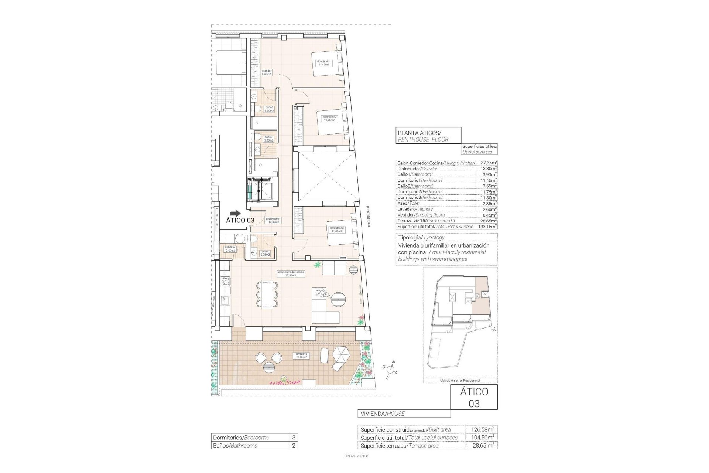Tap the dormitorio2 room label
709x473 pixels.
[x=329, y=118]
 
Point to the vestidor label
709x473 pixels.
[x=266, y=72]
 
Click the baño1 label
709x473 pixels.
[x=269, y=109]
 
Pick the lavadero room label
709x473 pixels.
[x=229, y=249]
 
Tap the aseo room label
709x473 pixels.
[x=265, y=253]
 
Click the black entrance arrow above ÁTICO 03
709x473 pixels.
[x=234, y=213]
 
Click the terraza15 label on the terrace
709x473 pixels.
[x=301, y=355]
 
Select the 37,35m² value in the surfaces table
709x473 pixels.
[x=489, y=163]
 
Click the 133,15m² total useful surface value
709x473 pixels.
[x=488, y=226]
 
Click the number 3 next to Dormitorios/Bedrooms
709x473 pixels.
[x=294, y=438]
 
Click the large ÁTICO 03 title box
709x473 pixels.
[x=474, y=397]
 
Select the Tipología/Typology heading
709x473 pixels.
[x=421, y=237]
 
